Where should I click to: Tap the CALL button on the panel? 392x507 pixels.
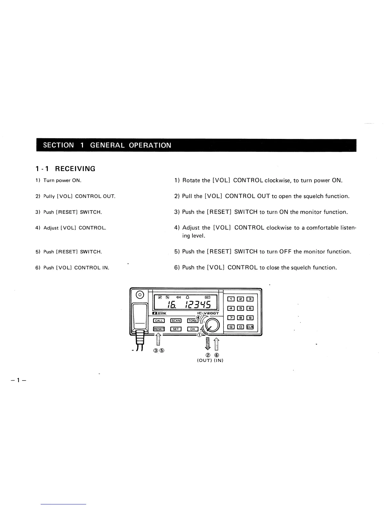click(x=159, y=321)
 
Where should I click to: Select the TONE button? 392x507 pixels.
click(x=192, y=321)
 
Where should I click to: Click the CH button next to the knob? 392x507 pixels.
click(x=192, y=329)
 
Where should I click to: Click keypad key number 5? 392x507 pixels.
click(x=240, y=309)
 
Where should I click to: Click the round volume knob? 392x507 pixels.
click(x=212, y=326)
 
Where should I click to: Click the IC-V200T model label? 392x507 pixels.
click(x=208, y=313)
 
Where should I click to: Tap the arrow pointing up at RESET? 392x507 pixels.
click(x=158, y=340)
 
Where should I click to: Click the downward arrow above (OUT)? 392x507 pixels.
click(x=208, y=344)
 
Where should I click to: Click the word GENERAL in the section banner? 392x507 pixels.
click(x=108, y=145)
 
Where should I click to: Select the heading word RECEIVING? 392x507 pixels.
click(x=75, y=169)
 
